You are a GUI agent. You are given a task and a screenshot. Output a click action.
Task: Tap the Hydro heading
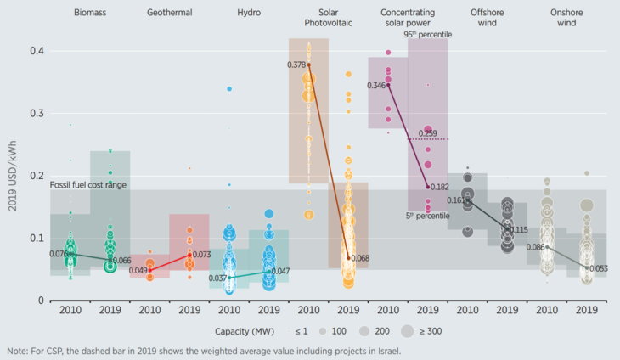tap(249, 14)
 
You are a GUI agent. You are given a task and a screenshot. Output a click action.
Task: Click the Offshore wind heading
tap(492, 19)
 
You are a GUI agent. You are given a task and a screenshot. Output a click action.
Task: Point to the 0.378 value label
tap(296, 65)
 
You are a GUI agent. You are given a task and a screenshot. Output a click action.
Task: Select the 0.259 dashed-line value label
tap(427, 133)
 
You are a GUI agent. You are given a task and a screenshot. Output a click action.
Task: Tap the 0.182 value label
tap(440, 186)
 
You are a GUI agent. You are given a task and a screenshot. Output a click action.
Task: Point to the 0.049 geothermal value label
tap(138, 270)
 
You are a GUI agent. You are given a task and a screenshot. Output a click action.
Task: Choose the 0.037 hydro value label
tap(217, 278)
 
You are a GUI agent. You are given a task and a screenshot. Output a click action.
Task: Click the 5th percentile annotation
tap(428, 216)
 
